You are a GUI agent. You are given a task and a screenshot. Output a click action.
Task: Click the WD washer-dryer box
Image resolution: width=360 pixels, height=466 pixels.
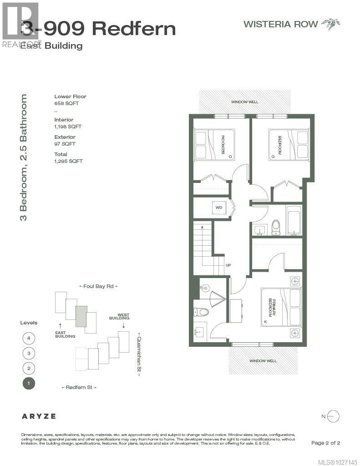click(219, 208)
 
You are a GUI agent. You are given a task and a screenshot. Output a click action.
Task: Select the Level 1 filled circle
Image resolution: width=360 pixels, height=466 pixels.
click(29, 383)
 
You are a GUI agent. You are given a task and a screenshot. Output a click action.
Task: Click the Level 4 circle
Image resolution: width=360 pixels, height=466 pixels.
click(29, 338)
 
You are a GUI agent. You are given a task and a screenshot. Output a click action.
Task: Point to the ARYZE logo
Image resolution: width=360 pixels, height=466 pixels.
click(39, 416)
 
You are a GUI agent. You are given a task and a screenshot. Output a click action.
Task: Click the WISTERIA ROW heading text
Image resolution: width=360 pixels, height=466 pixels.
click(280, 24)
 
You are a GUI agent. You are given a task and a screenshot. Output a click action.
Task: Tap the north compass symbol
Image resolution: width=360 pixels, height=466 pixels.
click(333, 416)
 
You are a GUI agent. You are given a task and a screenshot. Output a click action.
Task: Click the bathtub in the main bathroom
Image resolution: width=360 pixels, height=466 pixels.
click(294, 220)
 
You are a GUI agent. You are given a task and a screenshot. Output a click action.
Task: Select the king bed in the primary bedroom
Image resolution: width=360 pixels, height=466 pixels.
click(281, 308)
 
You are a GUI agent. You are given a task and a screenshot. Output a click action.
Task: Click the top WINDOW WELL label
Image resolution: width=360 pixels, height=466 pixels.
click(244, 102)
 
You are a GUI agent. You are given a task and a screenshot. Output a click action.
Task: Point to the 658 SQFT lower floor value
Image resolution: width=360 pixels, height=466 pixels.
click(65, 103)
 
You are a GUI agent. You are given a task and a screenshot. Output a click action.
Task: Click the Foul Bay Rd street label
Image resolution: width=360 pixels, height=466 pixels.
click(98, 286)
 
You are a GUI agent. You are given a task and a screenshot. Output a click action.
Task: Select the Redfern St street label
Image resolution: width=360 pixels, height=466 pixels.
click(79, 387)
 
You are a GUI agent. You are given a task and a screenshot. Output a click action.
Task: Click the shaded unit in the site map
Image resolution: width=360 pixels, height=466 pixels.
click(81, 316)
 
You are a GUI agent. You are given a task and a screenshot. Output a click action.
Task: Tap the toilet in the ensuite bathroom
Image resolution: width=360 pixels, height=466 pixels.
click(201, 312)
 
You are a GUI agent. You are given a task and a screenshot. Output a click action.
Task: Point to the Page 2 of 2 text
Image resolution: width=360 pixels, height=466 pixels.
click(325, 443)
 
